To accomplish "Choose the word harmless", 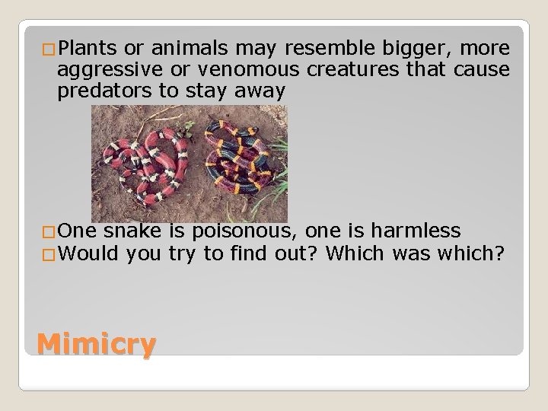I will point(421,230).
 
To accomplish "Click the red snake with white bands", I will point(138,164).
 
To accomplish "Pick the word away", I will point(263,91).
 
